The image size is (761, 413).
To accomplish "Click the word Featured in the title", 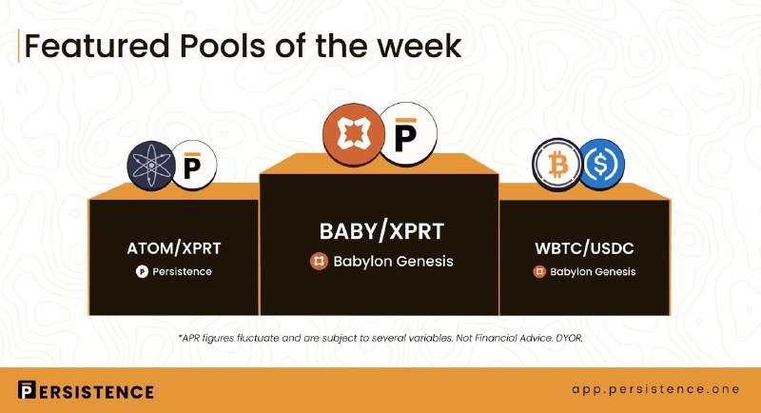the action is coord(97,46).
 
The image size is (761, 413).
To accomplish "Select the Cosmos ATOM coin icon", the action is coord(151,166).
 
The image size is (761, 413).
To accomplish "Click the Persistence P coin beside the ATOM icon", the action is coord(194,166).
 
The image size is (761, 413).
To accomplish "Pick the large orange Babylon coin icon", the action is coord(353,134).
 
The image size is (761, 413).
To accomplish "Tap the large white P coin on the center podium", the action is coord(407,133).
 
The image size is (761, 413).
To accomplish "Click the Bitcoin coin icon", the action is coord(557,165).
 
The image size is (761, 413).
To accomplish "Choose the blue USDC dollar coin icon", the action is coord(601,165).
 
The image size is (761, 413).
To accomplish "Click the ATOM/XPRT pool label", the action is coord(174,248).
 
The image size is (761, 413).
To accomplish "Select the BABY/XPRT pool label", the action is coord(381,231).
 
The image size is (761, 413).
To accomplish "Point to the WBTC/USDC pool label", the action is coord(584,248).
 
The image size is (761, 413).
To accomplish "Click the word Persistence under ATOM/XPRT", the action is coord(182,272).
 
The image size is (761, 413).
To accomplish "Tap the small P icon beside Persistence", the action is coord(142,272).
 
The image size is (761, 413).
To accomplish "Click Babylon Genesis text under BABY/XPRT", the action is coord(393,262).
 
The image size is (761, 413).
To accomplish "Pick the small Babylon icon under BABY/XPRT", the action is coord(319,262).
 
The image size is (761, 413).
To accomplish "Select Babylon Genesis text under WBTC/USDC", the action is coord(593,272).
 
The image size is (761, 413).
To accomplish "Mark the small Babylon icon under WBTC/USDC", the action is coord(539,272).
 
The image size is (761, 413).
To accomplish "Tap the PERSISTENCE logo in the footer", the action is coord(86,391).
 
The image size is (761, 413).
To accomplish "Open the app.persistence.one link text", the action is coord(655,390).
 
